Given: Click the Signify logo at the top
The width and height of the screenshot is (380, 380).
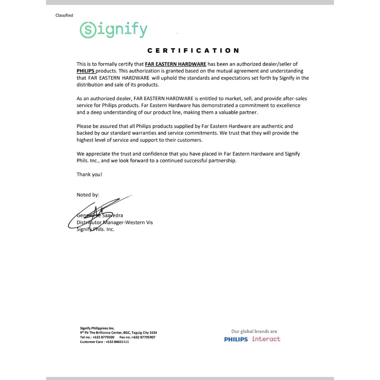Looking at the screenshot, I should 114,30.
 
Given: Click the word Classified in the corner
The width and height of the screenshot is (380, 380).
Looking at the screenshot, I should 64,15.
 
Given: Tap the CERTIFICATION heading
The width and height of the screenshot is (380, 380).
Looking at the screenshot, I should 193,50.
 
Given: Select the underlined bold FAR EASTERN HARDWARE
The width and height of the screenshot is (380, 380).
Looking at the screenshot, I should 176,64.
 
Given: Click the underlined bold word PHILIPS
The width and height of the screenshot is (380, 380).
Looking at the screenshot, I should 86,71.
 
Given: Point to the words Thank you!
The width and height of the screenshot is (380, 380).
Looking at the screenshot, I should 89,174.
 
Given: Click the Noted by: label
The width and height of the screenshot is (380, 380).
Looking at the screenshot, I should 88,195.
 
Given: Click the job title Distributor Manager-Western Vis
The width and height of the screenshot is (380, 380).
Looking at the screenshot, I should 115,222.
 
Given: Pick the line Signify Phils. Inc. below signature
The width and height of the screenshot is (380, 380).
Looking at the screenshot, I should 95,229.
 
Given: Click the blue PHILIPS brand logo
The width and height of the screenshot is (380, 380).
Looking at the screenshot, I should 236,339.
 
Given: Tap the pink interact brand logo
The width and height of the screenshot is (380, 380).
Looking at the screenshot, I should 266,339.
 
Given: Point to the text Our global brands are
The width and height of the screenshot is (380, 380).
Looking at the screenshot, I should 254,331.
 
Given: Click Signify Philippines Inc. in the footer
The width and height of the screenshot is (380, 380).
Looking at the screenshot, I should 97,328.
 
